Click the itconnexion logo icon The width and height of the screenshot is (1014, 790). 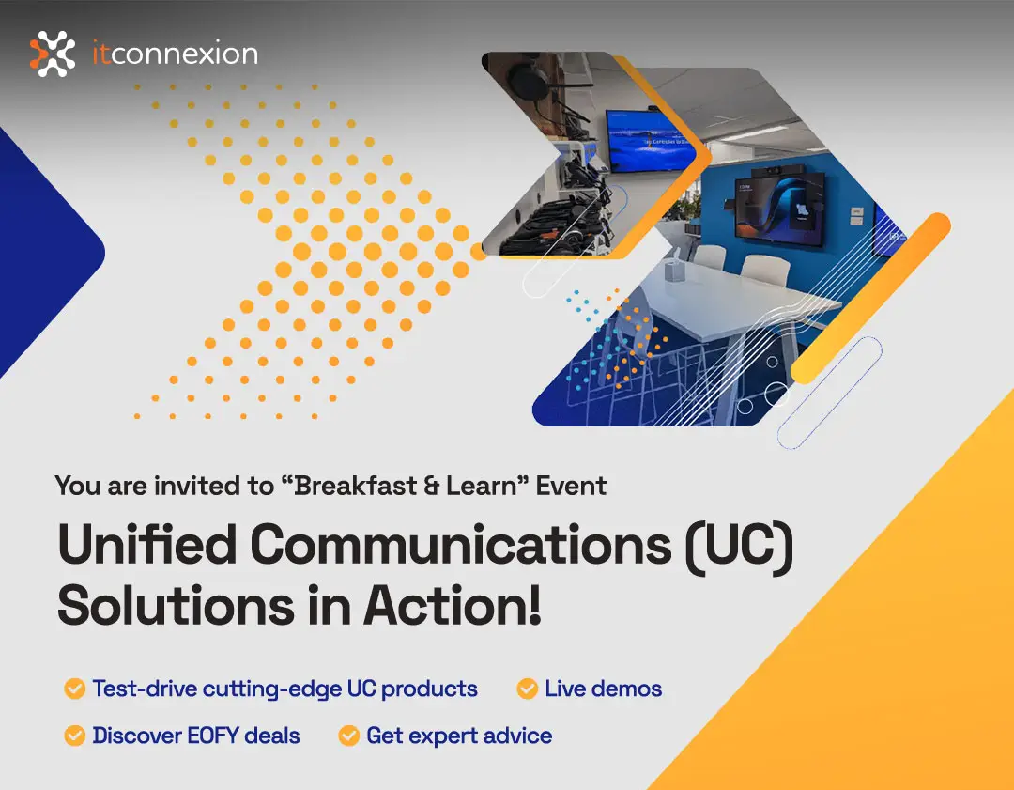[x=53, y=54]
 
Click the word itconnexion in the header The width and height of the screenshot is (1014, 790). [x=176, y=53]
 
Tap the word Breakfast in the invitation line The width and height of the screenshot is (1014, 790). [x=356, y=486]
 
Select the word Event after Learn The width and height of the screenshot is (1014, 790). [x=571, y=486]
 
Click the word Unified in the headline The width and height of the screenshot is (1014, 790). [x=147, y=544]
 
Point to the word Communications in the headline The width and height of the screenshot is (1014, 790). [x=461, y=544]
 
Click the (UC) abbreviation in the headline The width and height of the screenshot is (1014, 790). [x=739, y=546]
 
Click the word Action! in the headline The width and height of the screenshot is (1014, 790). [x=452, y=605]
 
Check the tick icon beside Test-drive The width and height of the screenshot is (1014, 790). [x=74, y=689]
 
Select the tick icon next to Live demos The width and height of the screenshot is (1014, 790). [x=527, y=689]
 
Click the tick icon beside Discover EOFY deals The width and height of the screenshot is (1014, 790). [x=74, y=736]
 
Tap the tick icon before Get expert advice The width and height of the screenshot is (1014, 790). [x=348, y=736]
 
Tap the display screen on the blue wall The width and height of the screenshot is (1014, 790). [x=778, y=207]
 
